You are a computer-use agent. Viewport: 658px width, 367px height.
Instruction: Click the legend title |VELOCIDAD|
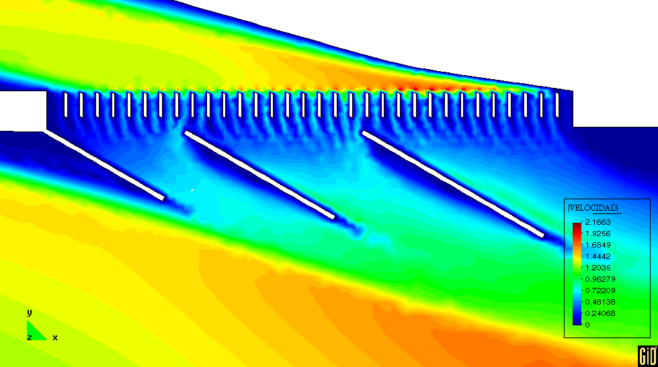593,208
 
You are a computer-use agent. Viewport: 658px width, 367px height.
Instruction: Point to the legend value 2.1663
598,222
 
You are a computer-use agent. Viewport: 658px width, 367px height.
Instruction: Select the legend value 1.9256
598,233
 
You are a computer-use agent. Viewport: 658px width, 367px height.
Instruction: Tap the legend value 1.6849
598,245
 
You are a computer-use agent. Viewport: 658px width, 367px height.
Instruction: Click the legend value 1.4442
598,256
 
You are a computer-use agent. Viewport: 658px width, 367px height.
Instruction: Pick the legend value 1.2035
598,268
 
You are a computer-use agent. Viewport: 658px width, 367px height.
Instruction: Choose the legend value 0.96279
600,279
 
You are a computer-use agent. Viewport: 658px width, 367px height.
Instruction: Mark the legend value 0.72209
600,291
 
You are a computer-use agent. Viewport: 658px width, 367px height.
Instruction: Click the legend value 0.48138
600,302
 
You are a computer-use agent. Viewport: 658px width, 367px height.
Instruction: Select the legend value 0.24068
600,313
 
